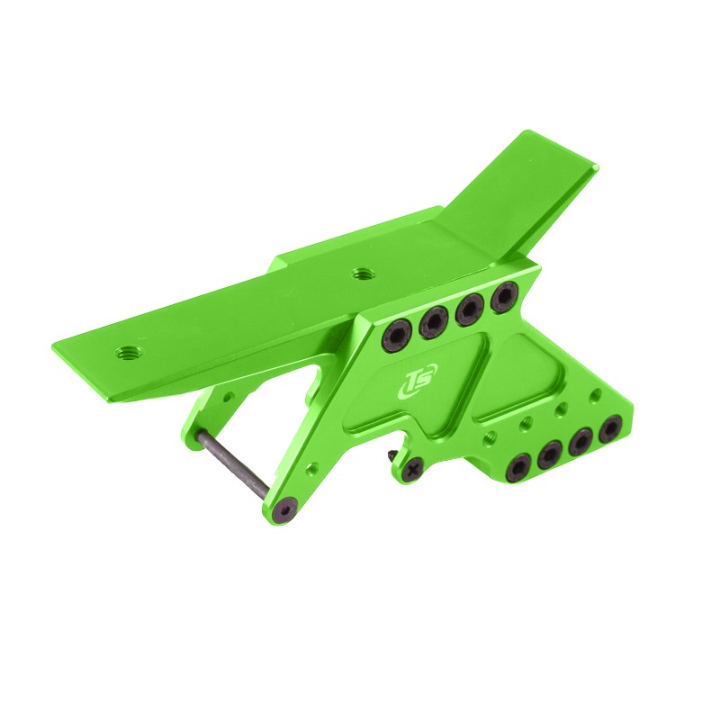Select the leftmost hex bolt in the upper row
tap(397, 337)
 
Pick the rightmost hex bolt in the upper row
tap(506, 296)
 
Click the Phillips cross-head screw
tap(412, 467)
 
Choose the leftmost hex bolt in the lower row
tap(519, 467)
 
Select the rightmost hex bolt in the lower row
tap(613, 428)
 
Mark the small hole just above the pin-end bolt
tap(311, 468)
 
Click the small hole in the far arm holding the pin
tap(228, 395)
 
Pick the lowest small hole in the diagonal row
tap(490, 436)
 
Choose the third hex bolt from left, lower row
tap(580, 442)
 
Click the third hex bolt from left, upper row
tap(469, 310)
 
